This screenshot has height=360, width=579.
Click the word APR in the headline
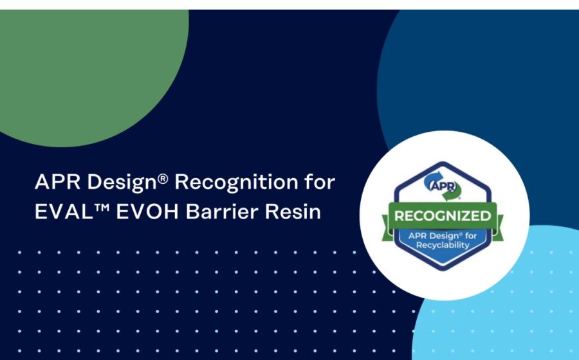pos(57,181)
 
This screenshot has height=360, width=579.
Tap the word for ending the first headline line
pos(320,181)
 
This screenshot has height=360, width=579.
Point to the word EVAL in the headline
pos(64,212)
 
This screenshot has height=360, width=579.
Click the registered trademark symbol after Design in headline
pos(163,178)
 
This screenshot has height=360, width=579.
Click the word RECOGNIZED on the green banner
pos(443,216)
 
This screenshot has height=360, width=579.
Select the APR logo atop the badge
pos(443,186)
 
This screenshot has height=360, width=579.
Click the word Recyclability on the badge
pos(443,246)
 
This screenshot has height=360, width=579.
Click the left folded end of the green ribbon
pos(386,229)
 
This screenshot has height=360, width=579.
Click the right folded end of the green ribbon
pos(499,229)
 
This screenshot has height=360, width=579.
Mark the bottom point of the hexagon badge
pos(443,271)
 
